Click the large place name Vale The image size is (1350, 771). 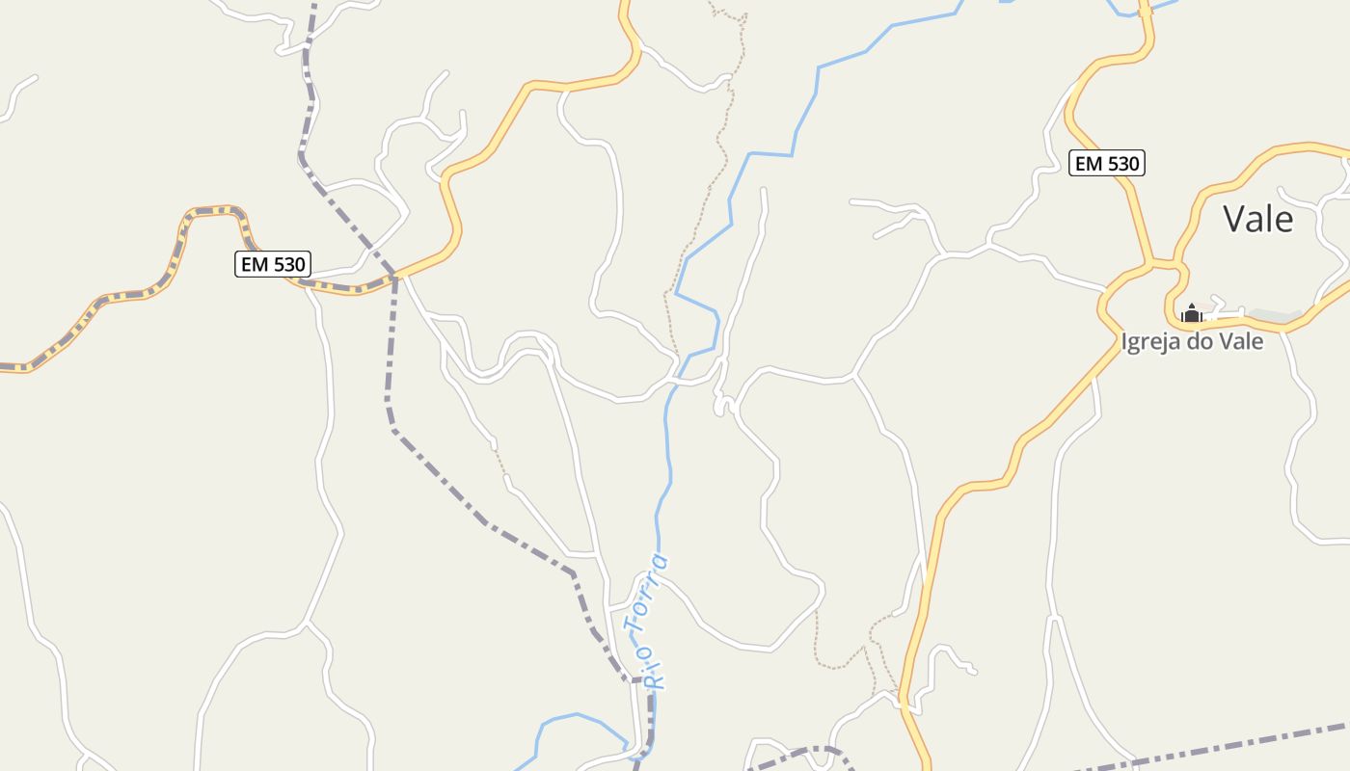tap(1257, 220)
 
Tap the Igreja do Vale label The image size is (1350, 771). tap(1192, 341)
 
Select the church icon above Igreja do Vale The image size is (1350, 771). tap(1192, 313)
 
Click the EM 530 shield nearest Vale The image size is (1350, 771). tap(1107, 164)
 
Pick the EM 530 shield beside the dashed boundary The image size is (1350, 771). tap(273, 264)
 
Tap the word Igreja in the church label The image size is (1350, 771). tap(1151, 341)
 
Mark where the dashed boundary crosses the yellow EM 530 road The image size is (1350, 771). tap(395, 277)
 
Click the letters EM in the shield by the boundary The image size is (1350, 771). tap(255, 264)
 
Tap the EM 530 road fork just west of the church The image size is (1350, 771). tap(1157, 263)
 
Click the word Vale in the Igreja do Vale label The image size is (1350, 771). tap(1240, 341)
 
